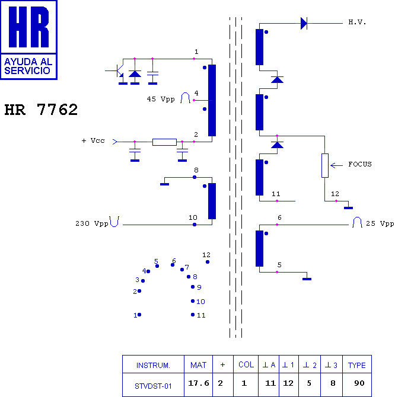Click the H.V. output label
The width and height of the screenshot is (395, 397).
coord(357,23)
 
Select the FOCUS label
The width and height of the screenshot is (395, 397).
coord(360,164)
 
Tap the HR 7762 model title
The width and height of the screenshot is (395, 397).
coord(41,110)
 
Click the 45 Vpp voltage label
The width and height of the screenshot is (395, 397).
coord(161,99)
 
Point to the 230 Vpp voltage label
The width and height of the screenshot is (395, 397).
coord(92,223)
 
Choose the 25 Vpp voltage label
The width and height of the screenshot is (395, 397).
coord(380,223)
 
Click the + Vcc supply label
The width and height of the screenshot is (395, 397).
coord(93,140)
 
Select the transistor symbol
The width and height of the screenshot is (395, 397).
coord(118,71)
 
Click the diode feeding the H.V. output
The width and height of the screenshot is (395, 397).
coord(304,23)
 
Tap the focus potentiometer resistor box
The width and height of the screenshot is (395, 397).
coord(325,165)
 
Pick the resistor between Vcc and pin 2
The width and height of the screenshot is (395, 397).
coord(164,142)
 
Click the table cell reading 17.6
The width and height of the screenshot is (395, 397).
coord(198,383)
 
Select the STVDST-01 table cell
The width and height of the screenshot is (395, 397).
coord(153,386)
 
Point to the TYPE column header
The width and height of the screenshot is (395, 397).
coord(356,366)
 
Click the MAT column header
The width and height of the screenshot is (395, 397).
coord(198,365)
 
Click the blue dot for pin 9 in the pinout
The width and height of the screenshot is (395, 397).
coord(193,287)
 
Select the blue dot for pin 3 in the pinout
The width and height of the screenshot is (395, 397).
coord(143,281)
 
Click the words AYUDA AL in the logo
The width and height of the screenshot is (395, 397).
coord(28,62)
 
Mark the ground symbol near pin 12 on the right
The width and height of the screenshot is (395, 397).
coord(348,208)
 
